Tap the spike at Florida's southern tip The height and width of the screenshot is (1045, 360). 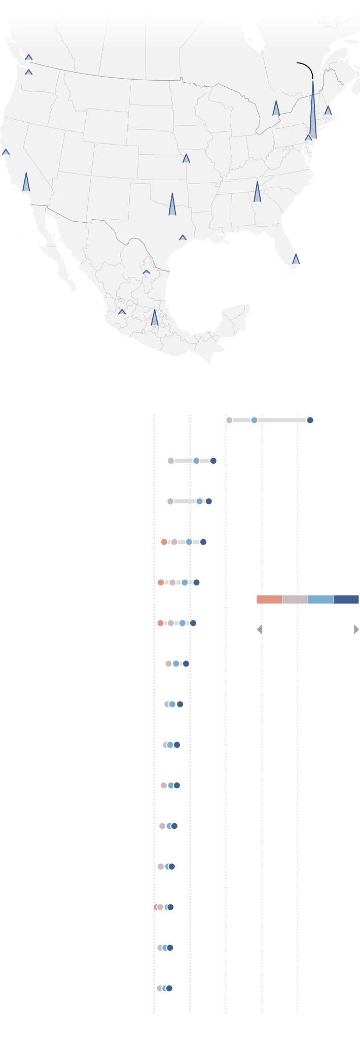[296, 259]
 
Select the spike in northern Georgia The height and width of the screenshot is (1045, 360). [257, 193]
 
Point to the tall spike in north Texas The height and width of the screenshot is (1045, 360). [172, 205]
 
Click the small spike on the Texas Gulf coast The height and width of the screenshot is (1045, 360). [183, 237]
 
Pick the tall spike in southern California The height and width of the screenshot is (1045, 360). [26, 183]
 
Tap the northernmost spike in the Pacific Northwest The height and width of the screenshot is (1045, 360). [29, 57]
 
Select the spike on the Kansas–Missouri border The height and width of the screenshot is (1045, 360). [186, 158]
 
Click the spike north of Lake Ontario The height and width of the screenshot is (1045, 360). [276, 109]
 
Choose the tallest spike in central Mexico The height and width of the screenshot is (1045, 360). [155, 318]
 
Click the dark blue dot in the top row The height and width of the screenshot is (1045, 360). [310, 420]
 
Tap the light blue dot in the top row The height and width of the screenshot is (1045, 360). [254, 420]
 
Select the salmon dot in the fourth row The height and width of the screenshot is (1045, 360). [164, 542]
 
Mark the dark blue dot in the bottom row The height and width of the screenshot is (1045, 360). [169, 988]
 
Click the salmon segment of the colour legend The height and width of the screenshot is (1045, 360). [269, 600]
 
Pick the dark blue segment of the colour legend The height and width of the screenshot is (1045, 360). [346, 600]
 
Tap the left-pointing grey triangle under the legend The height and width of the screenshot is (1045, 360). [260, 630]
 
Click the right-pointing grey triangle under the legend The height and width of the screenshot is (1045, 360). [356, 630]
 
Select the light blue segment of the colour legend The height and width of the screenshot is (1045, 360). [320, 600]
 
